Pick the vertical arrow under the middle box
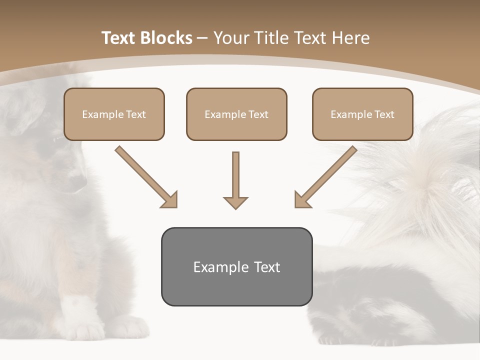tap(235, 180)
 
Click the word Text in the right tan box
tap(384, 114)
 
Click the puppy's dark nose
tap(76, 182)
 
